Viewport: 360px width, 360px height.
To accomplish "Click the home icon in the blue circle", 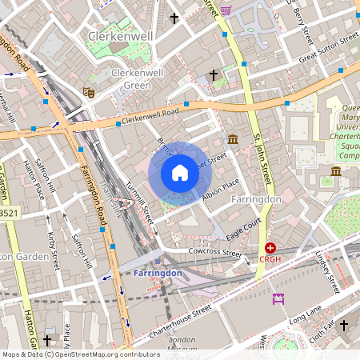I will (x=180, y=173).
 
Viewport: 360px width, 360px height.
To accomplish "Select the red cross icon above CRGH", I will (x=271, y=248).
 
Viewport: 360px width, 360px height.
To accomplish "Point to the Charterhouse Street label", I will (x=174, y=320).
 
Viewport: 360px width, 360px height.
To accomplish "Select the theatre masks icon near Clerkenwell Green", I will (x=90, y=92).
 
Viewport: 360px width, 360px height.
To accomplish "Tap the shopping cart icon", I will (x=226, y=10).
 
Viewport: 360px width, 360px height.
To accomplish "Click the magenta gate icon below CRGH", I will (x=278, y=298).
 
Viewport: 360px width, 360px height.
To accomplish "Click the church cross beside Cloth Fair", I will (x=344, y=326).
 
